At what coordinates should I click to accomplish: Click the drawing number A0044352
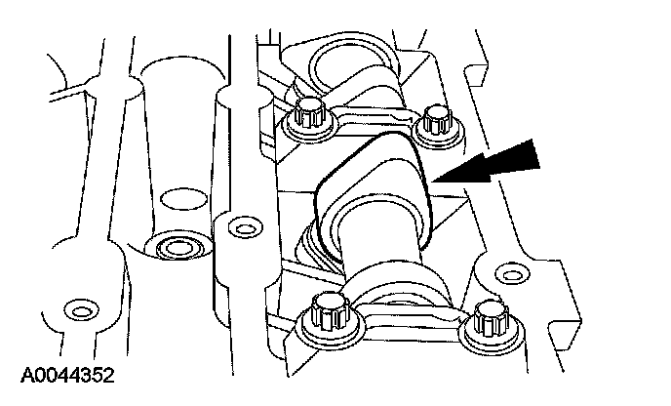tap(67, 375)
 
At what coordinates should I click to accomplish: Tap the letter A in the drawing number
tap(28, 375)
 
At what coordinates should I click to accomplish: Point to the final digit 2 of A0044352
tap(108, 375)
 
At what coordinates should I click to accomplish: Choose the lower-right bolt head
tap(492, 319)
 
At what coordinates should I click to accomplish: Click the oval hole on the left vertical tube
tap(183, 199)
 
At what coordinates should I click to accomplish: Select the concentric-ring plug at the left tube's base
tap(178, 247)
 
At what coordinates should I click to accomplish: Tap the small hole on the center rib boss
tap(245, 228)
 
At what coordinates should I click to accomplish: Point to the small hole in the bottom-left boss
tap(80, 310)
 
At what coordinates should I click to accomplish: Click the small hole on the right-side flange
tap(511, 273)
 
